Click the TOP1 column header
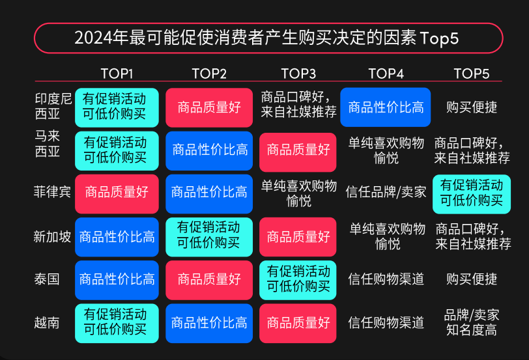[x=117, y=74]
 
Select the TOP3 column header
[x=298, y=74]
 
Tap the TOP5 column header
[x=471, y=74]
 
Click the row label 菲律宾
[x=52, y=192]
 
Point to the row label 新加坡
[x=52, y=236]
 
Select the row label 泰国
[x=46, y=279]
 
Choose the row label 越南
[x=46, y=323]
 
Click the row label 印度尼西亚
[x=53, y=106]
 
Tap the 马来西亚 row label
[x=47, y=144]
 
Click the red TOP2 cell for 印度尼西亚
[x=209, y=107]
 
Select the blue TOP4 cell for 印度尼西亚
[x=385, y=107]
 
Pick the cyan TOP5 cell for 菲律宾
[x=472, y=194]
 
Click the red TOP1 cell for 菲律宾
[x=117, y=194]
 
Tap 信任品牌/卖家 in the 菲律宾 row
[x=386, y=192]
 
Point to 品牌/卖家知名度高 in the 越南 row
[x=471, y=322]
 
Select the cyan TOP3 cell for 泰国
[x=298, y=280]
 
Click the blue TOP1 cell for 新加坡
[x=117, y=237]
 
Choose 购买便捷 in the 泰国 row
[x=472, y=279]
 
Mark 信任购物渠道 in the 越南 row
[x=386, y=323]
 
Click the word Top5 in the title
[x=439, y=38]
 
